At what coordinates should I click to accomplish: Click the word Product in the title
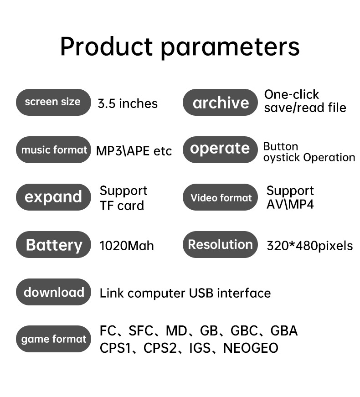pyautogui.click(x=107, y=46)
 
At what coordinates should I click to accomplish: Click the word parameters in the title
pyautogui.click(x=231, y=48)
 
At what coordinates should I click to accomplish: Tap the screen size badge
pyautogui.click(x=53, y=102)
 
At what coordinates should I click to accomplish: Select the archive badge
pyautogui.click(x=220, y=102)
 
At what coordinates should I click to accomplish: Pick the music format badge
pyautogui.click(x=53, y=150)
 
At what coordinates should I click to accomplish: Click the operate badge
pyautogui.click(x=220, y=150)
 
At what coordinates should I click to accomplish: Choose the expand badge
pyautogui.click(x=53, y=197)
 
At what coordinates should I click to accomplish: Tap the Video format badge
pyautogui.click(x=220, y=197)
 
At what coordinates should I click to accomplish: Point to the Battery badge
pyautogui.click(x=53, y=244)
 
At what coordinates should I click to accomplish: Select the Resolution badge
pyautogui.click(x=220, y=244)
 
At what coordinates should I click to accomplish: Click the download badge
pyautogui.click(x=53, y=292)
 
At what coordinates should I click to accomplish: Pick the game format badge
pyautogui.click(x=53, y=339)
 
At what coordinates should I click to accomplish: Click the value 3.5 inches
pyautogui.click(x=128, y=103)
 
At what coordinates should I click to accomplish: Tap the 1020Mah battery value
pyautogui.click(x=127, y=246)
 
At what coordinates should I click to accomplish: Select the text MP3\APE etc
pyautogui.click(x=134, y=151)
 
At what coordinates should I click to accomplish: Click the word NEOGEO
pyautogui.click(x=251, y=348)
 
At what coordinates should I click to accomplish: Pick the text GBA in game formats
pyautogui.click(x=284, y=330)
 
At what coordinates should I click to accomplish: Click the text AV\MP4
pyautogui.click(x=290, y=204)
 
